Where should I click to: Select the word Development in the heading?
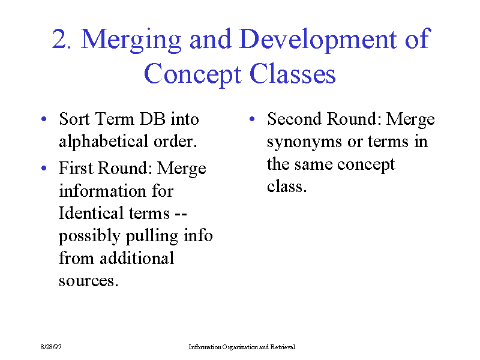tap(319, 41)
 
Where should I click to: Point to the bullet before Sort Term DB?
tap(44, 119)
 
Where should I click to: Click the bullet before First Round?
tap(44, 168)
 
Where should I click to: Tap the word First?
tap(76, 168)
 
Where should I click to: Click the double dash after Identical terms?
tap(181, 214)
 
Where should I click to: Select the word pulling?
tap(152, 236)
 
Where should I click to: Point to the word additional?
tap(137, 258)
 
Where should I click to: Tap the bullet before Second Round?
tap(252, 119)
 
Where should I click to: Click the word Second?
tap(294, 119)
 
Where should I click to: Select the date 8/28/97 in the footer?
tap(51, 347)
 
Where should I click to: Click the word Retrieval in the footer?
tap(283, 347)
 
